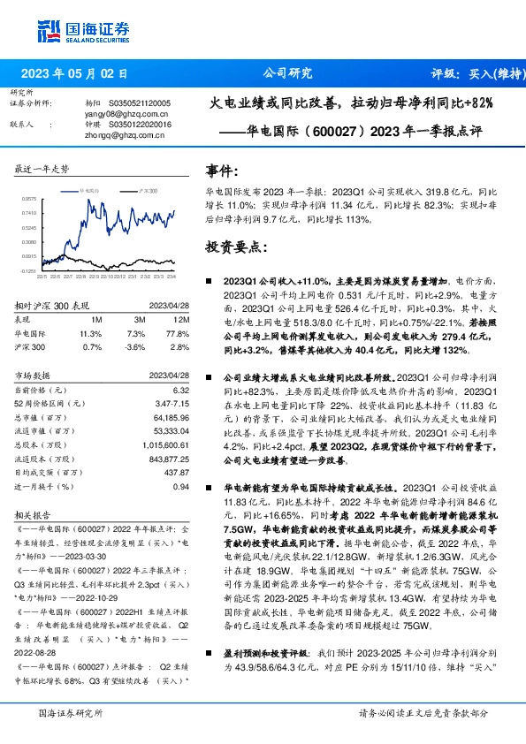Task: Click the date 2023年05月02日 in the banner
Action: (80, 75)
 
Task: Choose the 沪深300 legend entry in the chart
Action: (147, 190)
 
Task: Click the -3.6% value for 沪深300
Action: (133, 348)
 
